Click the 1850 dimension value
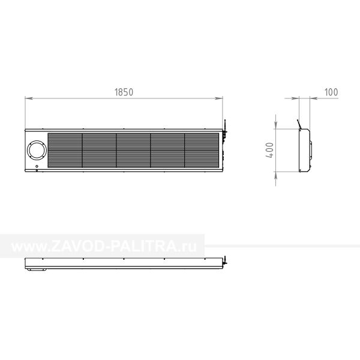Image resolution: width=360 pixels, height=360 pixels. (x=124, y=92)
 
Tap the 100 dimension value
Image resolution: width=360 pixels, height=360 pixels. (x=331, y=92)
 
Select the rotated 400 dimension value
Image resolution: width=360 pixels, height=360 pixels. (x=270, y=150)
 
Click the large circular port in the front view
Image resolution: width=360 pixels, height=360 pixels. (x=37, y=151)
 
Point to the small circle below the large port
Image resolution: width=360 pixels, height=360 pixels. (x=37, y=166)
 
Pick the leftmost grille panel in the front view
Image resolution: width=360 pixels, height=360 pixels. (x=65, y=151)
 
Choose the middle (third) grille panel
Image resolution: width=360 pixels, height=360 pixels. (x=133, y=151)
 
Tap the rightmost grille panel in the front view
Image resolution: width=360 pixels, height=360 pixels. (x=202, y=151)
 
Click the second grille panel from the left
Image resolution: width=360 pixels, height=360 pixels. (x=99, y=151)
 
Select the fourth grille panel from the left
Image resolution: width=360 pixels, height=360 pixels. (x=167, y=151)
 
